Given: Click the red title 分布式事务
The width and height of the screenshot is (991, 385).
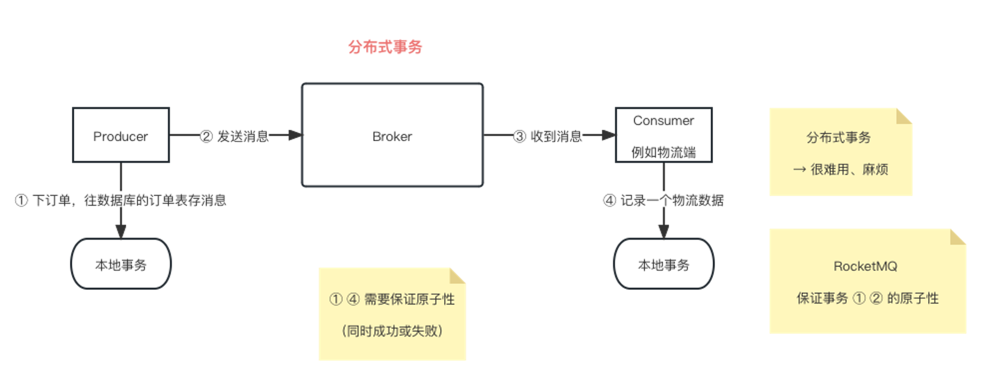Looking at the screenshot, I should (x=385, y=47).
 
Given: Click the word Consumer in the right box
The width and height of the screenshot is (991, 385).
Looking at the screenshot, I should (x=663, y=120).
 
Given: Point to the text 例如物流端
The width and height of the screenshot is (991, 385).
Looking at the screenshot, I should (x=663, y=152).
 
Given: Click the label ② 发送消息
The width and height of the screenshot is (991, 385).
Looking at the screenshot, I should (x=234, y=136).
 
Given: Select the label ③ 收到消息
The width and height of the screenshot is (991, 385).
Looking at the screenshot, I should (x=548, y=136).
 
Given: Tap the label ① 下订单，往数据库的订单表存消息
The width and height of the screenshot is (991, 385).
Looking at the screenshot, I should (x=121, y=200).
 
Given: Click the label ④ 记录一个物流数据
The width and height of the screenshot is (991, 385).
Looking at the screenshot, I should (x=663, y=200).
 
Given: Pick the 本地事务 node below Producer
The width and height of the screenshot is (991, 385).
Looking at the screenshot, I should (x=121, y=265).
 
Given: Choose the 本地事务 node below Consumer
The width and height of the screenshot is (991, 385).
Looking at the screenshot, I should (x=663, y=265).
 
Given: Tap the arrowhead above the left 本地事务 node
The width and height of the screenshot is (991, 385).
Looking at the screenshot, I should (x=120, y=231).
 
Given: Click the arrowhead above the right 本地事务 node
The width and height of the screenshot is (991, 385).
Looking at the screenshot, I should (x=663, y=231).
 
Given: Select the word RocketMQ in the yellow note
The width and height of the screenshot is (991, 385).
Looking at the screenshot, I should (x=865, y=266).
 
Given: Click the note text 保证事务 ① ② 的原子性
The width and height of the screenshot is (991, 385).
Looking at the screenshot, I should (x=867, y=298).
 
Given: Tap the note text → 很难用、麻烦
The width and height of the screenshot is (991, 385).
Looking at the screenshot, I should (x=840, y=169).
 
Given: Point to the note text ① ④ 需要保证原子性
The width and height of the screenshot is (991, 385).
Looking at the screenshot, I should (x=392, y=299).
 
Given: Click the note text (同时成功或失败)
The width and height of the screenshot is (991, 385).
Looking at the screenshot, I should (x=392, y=330).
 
